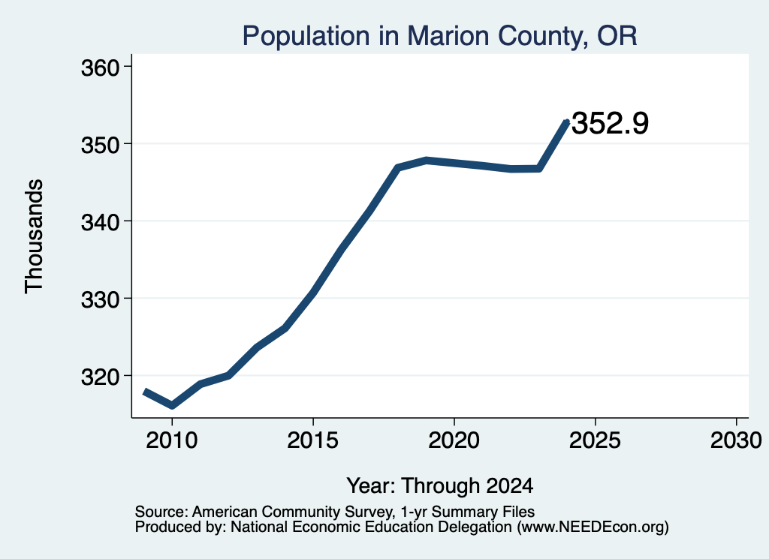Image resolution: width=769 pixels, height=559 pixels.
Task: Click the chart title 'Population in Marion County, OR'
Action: coord(439,36)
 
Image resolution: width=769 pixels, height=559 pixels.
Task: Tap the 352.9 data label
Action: coord(610,123)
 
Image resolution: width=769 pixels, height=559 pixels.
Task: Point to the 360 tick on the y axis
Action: coord(101,68)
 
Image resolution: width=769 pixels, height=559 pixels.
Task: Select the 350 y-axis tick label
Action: coord(101,145)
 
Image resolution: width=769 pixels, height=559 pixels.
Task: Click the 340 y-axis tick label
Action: coord(101,222)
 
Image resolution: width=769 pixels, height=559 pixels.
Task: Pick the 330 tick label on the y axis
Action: coord(101,299)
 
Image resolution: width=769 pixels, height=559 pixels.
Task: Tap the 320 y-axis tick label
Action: coord(101,377)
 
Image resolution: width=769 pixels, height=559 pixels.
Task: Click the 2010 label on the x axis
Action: coord(172,440)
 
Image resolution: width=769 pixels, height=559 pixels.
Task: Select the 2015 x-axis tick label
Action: coord(313,440)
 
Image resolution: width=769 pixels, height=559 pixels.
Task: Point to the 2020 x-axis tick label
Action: coord(454,440)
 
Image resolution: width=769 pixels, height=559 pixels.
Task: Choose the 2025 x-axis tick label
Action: coord(595,440)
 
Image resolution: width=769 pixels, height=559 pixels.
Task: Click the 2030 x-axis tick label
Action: coord(736,440)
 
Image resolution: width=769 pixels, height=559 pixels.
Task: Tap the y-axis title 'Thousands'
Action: coord(35,236)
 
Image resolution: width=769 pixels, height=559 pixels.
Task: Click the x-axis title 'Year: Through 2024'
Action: coord(440,486)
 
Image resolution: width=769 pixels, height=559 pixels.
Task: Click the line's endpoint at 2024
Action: coord(567,122)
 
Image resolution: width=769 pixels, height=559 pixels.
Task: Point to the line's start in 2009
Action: coord(144,392)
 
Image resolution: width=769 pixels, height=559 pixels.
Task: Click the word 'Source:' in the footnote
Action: coord(161,512)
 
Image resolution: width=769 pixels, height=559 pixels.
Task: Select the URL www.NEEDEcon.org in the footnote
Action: coord(593,527)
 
